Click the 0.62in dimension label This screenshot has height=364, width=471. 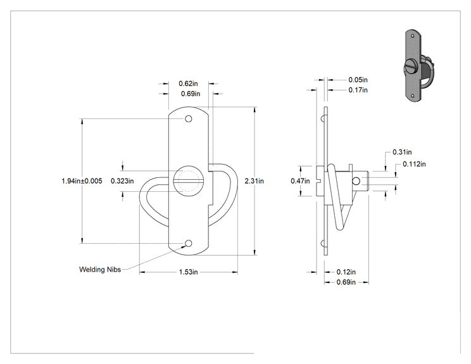[x=188, y=84]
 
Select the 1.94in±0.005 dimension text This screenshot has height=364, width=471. [x=82, y=181]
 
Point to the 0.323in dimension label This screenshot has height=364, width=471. [x=122, y=181]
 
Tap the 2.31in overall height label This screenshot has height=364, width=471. [x=254, y=181]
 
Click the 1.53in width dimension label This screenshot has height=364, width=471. [x=189, y=272]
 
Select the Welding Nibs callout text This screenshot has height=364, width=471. [x=100, y=270]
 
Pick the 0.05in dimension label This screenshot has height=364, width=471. [x=358, y=80]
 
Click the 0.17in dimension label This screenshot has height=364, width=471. [x=358, y=90]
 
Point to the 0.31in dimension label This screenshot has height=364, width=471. [x=402, y=153]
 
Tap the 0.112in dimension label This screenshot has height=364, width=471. [x=414, y=165]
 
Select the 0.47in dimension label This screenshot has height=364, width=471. [x=300, y=181]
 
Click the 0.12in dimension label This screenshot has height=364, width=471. [x=346, y=272]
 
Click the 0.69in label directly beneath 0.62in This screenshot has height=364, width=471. [x=191, y=94]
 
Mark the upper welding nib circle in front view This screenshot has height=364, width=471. [x=189, y=118]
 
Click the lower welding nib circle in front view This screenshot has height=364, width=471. [x=189, y=243]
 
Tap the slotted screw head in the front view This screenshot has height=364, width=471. [x=187, y=181]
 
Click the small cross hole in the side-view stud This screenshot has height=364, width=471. [x=356, y=181]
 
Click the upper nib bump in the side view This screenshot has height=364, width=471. [x=323, y=118]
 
